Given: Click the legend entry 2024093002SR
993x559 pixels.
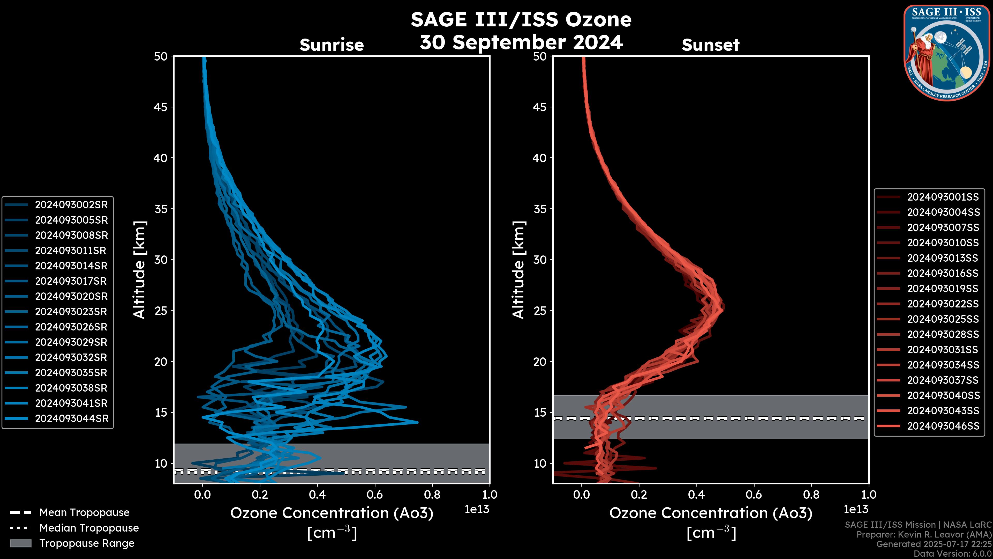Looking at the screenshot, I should tap(71, 205).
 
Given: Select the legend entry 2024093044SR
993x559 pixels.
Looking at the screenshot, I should tap(72, 418).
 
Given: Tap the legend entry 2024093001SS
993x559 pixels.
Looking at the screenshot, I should tap(943, 197).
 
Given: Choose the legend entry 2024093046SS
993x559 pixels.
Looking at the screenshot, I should tap(943, 426).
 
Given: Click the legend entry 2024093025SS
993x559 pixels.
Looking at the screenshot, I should tap(943, 319).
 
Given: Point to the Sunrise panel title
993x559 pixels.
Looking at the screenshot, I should tap(332, 45).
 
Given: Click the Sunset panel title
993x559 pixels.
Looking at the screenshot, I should tap(710, 45).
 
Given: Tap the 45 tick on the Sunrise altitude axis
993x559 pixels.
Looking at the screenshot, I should tap(161, 107).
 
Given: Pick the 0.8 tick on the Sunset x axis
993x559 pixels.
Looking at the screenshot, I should tap(811, 495).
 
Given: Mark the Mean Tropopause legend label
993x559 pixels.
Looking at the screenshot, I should tap(84, 513).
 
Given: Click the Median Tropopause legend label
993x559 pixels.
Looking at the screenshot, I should tap(89, 528).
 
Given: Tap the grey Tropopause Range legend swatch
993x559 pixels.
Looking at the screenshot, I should tap(20, 543).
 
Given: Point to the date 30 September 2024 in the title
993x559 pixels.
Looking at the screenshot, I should tap(521, 42).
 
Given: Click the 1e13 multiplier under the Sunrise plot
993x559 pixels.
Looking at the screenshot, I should tap(477, 509).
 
